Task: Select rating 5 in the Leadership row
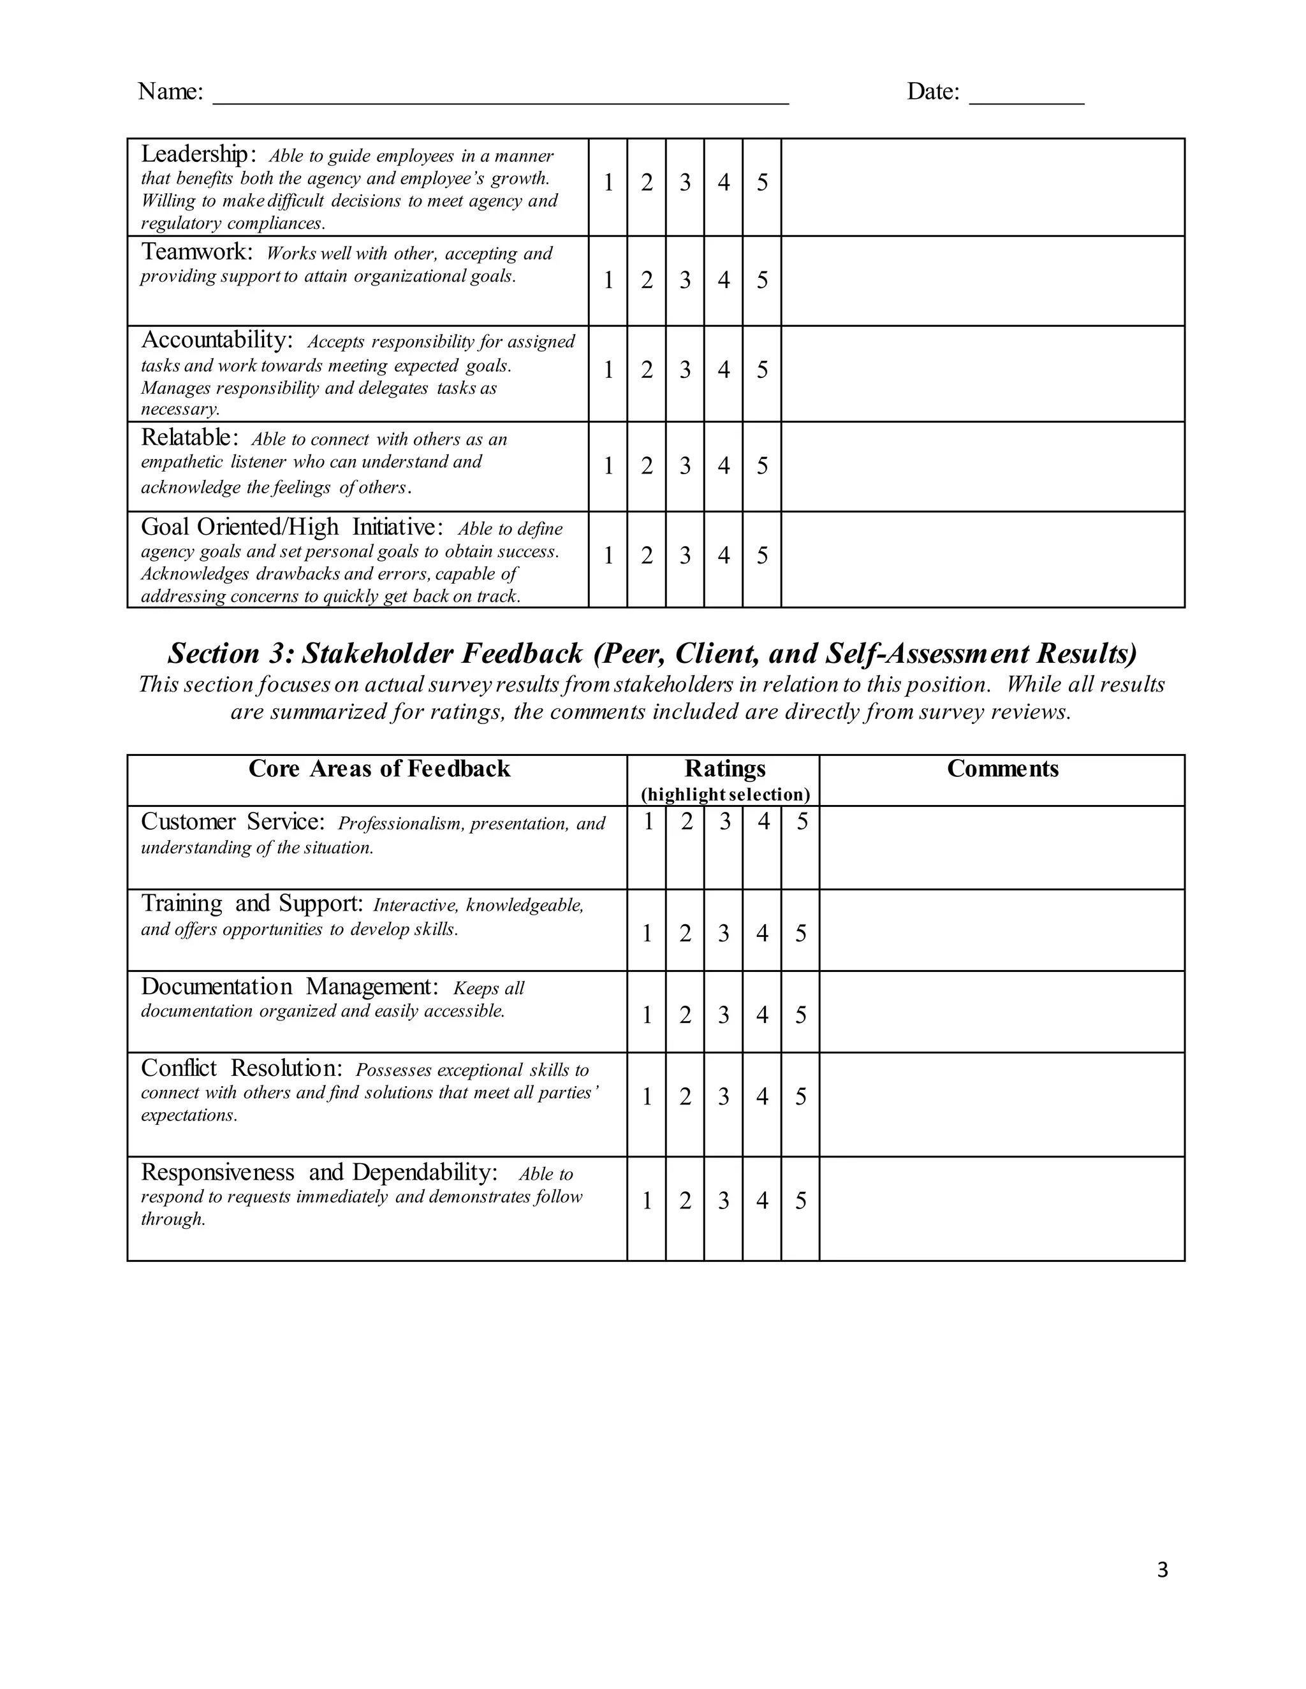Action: pos(762,184)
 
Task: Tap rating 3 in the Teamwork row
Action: pos(685,280)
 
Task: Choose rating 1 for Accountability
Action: pos(608,370)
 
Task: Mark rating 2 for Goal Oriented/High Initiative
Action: pos(647,556)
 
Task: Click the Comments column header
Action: pos(1002,769)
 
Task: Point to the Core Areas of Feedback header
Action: pos(379,769)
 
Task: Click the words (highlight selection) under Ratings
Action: pos(725,795)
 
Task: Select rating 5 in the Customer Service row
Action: pos(802,822)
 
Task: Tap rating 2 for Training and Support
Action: pos(685,934)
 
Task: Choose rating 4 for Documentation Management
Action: pos(762,1015)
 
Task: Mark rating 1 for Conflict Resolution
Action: pos(647,1098)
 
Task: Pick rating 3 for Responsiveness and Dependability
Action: pos(723,1201)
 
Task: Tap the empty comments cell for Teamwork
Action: pos(983,280)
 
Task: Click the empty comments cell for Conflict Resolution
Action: pos(1002,1105)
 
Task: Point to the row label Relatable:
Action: pos(186,438)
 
